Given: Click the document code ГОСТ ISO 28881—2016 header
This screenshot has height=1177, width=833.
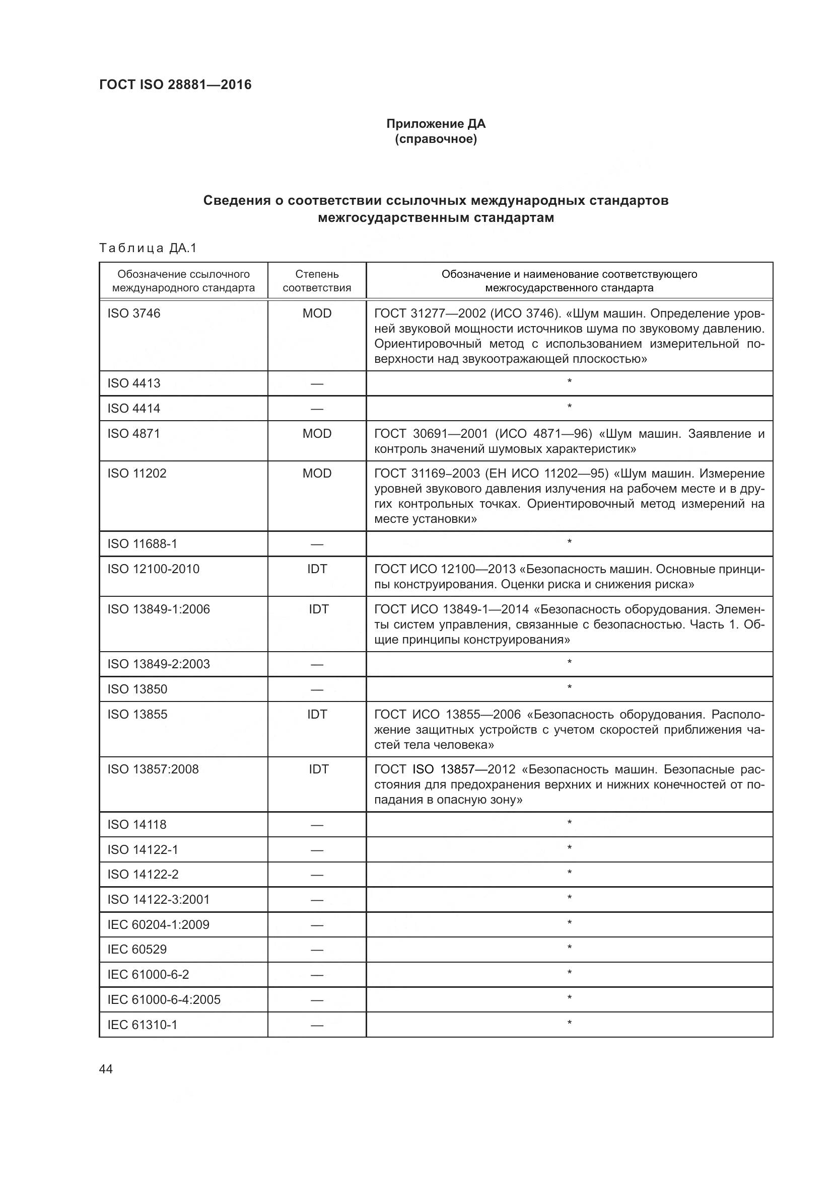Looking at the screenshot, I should pyautogui.click(x=175, y=85).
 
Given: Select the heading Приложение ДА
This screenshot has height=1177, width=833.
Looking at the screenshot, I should pyautogui.click(x=436, y=124).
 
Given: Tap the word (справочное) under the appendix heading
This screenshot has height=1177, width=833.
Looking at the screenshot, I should pyautogui.click(x=436, y=139).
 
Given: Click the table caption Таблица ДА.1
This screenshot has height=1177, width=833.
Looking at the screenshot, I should pyautogui.click(x=148, y=249).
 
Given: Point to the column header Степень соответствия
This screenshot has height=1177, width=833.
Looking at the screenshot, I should pyautogui.click(x=316, y=281).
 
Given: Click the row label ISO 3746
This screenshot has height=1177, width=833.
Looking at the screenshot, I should pyautogui.click(x=134, y=313).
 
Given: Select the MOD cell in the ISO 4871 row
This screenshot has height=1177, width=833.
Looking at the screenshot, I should pyautogui.click(x=316, y=434).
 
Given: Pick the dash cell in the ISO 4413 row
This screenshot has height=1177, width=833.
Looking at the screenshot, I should pyautogui.click(x=316, y=384).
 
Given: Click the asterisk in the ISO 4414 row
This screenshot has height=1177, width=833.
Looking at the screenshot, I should pyautogui.click(x=570, y=408).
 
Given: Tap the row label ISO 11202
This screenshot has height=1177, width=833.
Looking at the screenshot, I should pyautogui.click(x=137, y=473).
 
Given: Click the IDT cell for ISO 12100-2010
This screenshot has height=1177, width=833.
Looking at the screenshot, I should pyautogui.click(x=316, y=569).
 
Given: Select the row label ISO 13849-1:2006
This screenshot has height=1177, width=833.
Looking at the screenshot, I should pyautogui.click(x=159, y=609).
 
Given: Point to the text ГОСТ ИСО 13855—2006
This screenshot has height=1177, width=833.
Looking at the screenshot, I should pyautogui.click(x=447, y=714).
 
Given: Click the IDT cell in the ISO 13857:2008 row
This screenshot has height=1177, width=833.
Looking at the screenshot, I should pyautogui.click(x=318, y=769).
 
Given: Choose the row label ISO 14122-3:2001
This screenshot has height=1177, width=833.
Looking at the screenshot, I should pyautogui.click(x=159, y=899).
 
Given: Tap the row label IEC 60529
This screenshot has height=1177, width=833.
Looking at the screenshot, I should pyautogui.click(x=137, y=949).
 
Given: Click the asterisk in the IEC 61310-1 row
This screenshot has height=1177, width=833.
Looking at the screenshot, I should pyautogui.click(x=570, y=1024).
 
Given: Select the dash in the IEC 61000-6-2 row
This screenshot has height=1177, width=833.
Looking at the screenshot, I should pyautogui.click(x=316, y=975).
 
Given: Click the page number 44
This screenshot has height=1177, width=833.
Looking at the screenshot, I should pyautogui.click(x=106, y=1069).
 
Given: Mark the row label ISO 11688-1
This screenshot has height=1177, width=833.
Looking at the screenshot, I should pyautogui.click(x=142, y=543).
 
